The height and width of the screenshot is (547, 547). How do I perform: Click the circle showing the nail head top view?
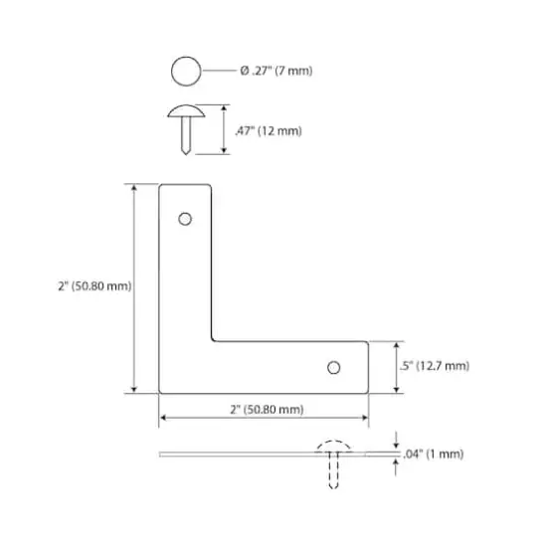(185, 72)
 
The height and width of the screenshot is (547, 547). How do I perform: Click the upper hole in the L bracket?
(185, 219)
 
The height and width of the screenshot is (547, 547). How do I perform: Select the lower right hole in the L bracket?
(334, 368)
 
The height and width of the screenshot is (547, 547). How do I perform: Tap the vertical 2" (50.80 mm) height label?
(94, 286)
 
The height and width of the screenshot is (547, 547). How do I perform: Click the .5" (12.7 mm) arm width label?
(434, 366)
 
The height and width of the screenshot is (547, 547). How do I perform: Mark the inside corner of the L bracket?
(214, 340)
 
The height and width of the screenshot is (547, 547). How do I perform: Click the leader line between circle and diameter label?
(218, 72)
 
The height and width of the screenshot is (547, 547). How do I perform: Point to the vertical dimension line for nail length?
(223, 129)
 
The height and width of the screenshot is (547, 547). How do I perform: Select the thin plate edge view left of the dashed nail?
(239, 455)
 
